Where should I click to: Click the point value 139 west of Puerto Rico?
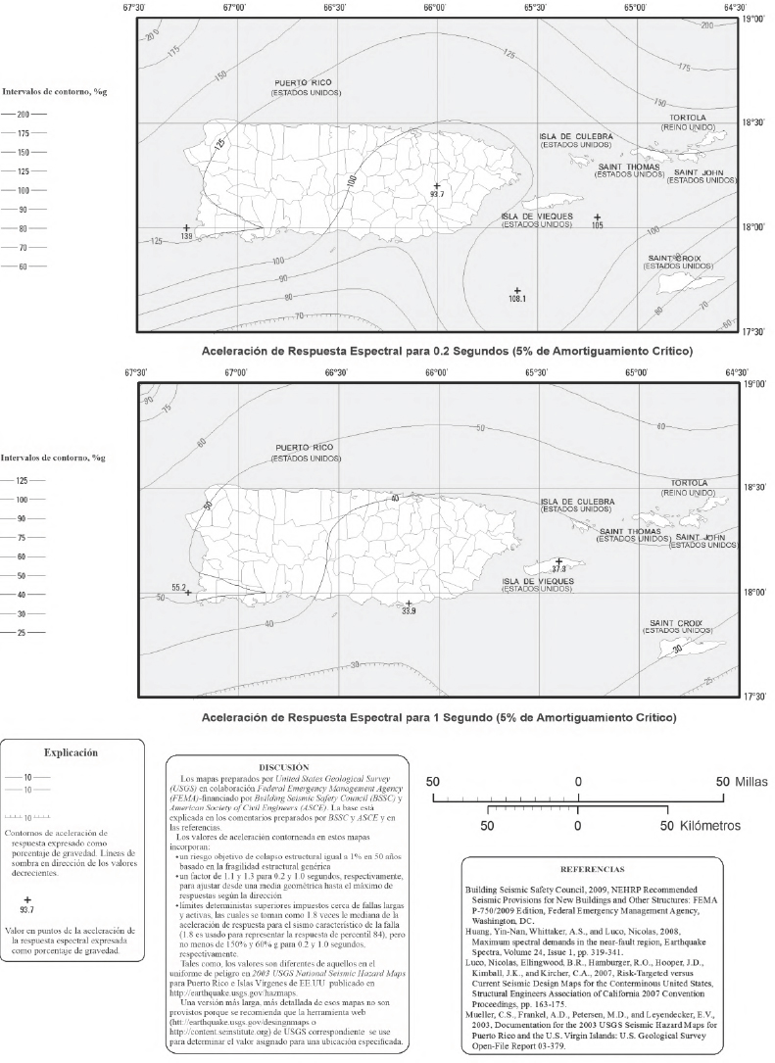click(186, 237)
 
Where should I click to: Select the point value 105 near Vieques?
click(598, 224)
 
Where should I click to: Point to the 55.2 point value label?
click(179, 588)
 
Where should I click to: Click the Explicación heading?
click(72, 754)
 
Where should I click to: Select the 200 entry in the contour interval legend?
click(24, 114)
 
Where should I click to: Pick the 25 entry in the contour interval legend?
click(24, 633)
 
